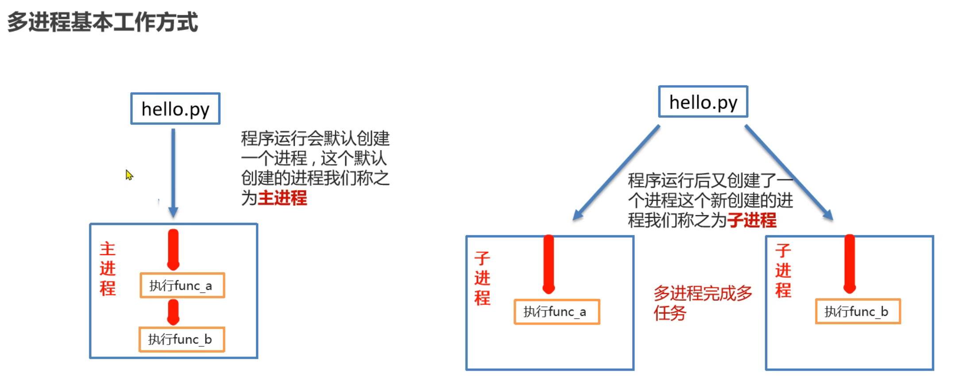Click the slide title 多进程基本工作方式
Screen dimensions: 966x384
point(102,22)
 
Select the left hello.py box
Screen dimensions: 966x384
point(175,109)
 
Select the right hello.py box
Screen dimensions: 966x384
point(703,102)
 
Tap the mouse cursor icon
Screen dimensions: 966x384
point(129,175)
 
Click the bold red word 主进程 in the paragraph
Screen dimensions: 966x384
point(282,198)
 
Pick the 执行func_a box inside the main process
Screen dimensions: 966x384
point(182,286)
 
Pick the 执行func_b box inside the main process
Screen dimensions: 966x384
point(182,340)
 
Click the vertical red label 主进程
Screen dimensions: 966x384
point(108,268)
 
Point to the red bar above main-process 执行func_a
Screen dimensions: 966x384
point(174,249)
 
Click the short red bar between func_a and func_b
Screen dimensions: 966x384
point(174,312)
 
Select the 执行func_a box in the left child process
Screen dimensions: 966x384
point(556,312)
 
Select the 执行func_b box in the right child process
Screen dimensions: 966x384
point(858,312)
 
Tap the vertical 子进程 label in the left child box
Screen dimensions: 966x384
point(482,278)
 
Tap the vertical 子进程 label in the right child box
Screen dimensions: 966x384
point(783,271)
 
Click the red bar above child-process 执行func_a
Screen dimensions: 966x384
point(549,264)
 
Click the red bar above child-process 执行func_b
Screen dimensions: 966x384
point(850,264)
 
